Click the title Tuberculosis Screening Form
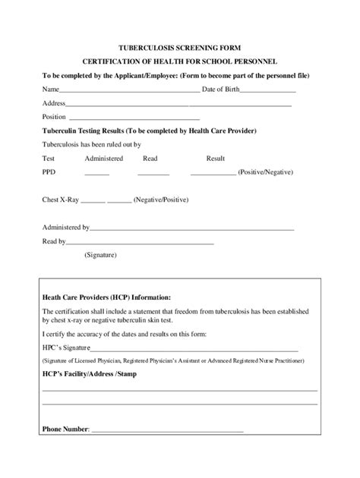click(x=180, y=47)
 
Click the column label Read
click(x=150, y=159)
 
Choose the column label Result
click(x=216, y=159)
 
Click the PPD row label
click(x=49, y=172)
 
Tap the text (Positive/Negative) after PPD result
click(x=265, y=172)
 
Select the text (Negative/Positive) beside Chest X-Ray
click(x=161, y=200)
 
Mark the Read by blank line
click(x=141, y=242)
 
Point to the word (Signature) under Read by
click(x=100, y=255)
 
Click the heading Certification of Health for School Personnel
click(x=180, y=61)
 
